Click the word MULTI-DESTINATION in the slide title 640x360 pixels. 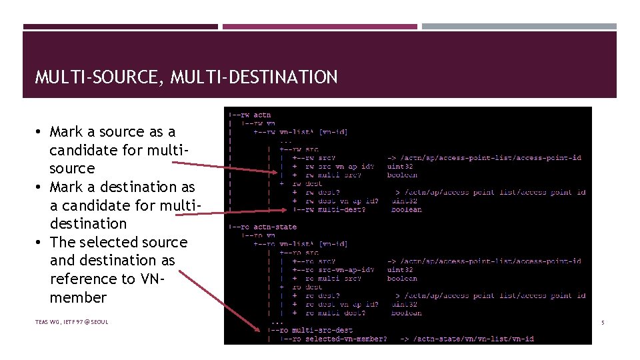pyautogui.click(x=254, y=78)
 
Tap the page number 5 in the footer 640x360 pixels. pyautogui.click(x=602, y=323)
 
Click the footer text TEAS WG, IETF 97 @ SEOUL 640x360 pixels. pyautogui.click(x=71, y=323)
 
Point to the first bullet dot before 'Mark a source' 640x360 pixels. pyautogui.click(x=40, y=132)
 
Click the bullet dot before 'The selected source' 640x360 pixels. pyautogui.click(x=40, y=243)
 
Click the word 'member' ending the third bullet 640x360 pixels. pyautogui.click(x=78, y=297)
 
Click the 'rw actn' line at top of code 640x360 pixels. pyautogui.click(x=255, y=115)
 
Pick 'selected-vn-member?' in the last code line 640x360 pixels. pyautogui.click(x=346, y=339)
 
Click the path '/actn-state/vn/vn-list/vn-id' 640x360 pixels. pyautogui.click(x=474, y=339)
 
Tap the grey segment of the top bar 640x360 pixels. pyautogui.click(x=519, y=27)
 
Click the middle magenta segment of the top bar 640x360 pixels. pyautogui.click(x=320, y=27)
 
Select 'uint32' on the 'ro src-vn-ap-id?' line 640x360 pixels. pyautogui.click(x=401, y=270)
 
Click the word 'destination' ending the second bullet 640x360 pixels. pyautogui.click(x=88, y=224)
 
